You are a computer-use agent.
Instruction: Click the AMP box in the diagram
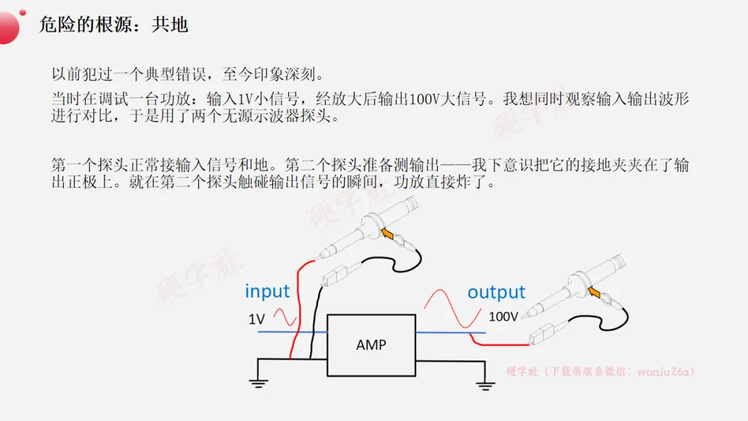click(371, 345)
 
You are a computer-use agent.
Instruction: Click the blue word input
click(267, 291)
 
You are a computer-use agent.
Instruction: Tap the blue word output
click(496, 292)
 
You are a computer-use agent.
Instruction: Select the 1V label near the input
click(256, 319)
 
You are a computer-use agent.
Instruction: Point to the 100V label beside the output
click(503, 317)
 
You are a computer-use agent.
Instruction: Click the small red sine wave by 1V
click(285, 317)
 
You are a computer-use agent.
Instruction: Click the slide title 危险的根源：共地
click(114, 25)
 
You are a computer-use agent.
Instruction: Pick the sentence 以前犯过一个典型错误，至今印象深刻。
click(188, 73)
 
